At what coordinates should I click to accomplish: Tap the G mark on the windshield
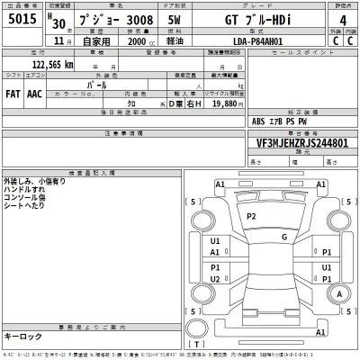click(x=283, y=237)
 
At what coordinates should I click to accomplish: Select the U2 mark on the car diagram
click(x=215, y=279)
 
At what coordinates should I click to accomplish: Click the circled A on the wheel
click(x=338, y=294)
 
